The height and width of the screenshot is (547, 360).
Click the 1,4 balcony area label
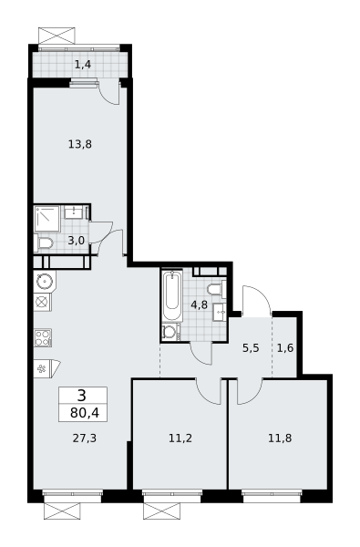pyautogui.click(x=83, y=65)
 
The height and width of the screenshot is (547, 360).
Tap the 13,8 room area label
pyautogui.click(x=80, y=144)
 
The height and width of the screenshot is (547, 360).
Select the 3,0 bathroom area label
pyautogui.click(x=76, y=240)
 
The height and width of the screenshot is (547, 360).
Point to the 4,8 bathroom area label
pyautogui.click(x=200, y=304)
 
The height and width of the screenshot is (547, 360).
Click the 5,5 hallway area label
pyautogui.click(x=251, y=348)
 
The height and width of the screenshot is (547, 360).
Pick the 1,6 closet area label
pyautogui.click(x=285, y=348)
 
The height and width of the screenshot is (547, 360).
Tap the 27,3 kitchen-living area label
pyautogui.click(x=85, y=439)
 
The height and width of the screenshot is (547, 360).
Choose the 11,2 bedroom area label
pyautogui.click(x=180, y=439)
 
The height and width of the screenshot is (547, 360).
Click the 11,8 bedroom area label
pyautogui.click(x=280, y=439)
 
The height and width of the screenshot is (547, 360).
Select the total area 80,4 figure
pyautogui.click(x=85, y=413)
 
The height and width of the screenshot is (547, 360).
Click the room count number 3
pyautogui.click(x=82, y=396)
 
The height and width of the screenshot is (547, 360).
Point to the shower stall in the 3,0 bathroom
pyautogui.click(x=47, y=219)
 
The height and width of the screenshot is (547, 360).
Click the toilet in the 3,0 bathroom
pyautogui.click(x=43, y=243)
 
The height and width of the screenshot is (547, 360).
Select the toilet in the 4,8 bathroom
pyautogui.click(x=217, y=289)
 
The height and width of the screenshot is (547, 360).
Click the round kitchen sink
pyautogui.click(x=45, y=281)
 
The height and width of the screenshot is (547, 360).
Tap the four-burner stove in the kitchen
pyautogui.click(x=43, y=337)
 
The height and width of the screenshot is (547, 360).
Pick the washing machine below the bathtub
pyautogui.click(x=171, y=332)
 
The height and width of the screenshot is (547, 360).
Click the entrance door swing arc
pyautogui.click(x=257, y=298)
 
